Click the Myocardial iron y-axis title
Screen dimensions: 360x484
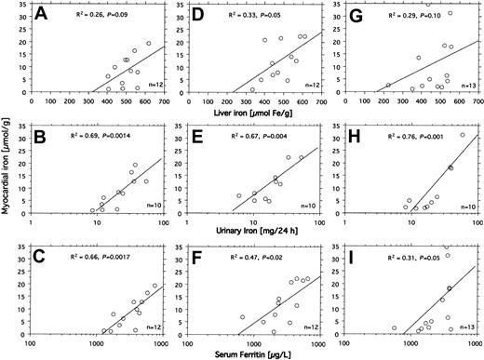point(8,180)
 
